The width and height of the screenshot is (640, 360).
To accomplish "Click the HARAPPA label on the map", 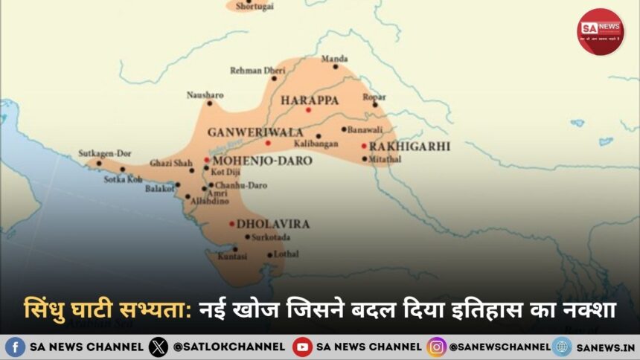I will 310,100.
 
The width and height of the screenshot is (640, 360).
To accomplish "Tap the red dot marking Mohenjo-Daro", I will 206,160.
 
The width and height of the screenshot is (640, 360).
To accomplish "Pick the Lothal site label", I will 287,254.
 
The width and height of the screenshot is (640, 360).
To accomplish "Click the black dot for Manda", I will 336,67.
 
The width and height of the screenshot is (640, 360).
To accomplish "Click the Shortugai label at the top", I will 255,6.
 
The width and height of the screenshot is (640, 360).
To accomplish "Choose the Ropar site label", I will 374,96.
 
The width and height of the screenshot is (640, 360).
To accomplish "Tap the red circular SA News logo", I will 601,31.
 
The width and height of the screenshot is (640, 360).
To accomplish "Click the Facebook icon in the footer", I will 15,347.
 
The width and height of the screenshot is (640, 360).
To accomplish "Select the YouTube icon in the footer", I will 302,347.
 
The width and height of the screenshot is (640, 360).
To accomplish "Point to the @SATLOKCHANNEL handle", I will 228,347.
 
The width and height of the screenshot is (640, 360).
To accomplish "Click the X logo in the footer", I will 158,347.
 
